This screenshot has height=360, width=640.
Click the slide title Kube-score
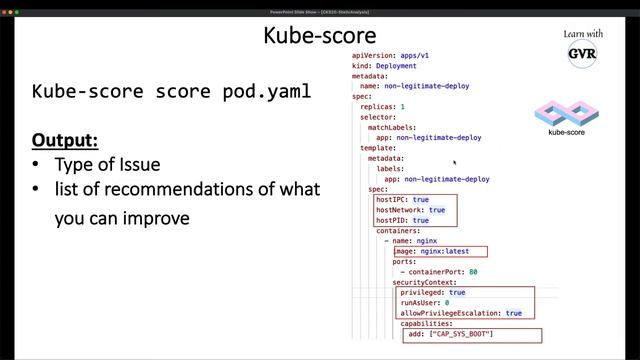(x=305, y=36)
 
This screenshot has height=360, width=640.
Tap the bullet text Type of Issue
(x=108, y=164)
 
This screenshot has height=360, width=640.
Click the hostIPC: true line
(x=402, y=200)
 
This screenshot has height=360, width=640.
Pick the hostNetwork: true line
(x=410, y=210)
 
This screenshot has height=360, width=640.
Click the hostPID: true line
(x=402, y=220)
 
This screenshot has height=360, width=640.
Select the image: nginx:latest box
(x=439, y=251)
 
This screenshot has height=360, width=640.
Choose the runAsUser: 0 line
(x=424, y=303)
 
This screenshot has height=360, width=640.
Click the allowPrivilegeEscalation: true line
(x=461, y=313)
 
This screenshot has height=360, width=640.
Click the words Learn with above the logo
(x=583, y=34)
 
